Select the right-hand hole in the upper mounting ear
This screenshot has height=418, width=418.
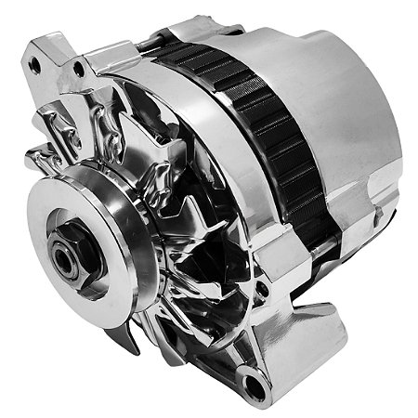[79, 68]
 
